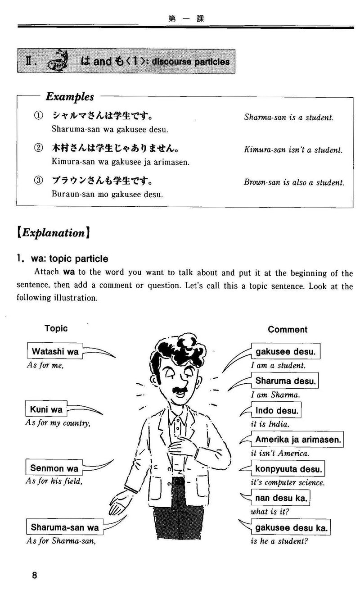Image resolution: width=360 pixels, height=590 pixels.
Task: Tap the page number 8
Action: click(x=34, y=576)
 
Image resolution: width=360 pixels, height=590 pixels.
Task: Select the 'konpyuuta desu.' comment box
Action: click(x=288, y=469)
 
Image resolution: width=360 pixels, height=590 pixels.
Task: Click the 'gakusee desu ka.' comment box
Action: click(x=291, y=527)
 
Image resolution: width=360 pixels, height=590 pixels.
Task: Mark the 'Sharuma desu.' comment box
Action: click(x=286, y=381)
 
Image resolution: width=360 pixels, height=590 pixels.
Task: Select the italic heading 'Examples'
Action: click(x=70, y=97)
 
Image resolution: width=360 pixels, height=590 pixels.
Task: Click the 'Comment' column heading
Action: click(x=288, y=329)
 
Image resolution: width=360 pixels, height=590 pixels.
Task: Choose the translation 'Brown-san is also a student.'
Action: click(x=294, y=183)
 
